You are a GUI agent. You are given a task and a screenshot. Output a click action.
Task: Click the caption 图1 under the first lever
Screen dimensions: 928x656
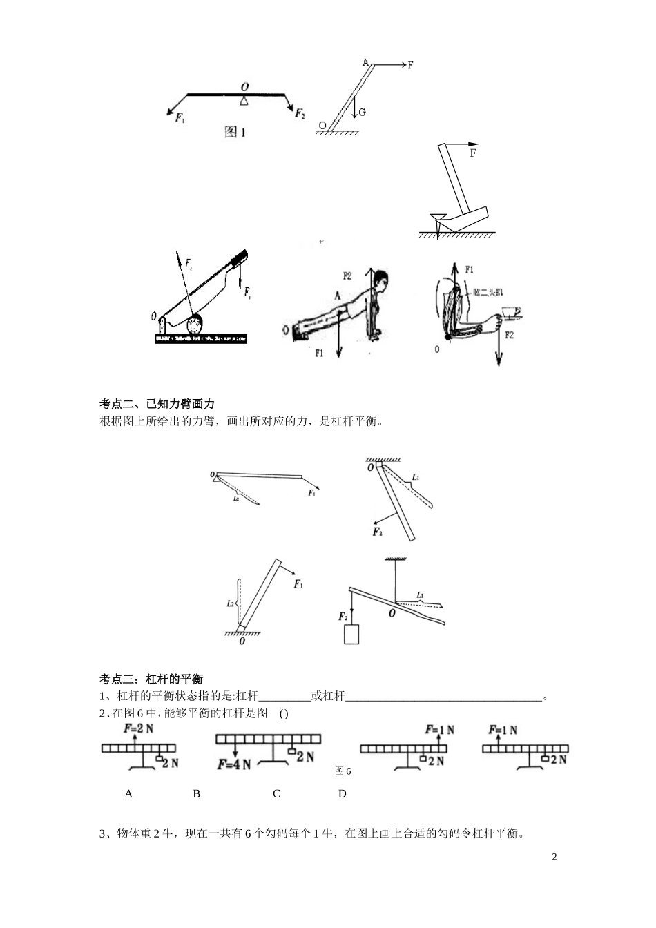(235, 132)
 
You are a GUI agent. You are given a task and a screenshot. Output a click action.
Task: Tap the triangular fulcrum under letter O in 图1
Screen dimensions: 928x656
(243, 101)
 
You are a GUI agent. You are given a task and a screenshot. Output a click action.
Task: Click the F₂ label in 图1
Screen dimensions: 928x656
(300, 113)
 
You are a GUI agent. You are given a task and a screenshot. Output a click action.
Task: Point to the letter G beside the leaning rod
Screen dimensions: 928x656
(362, 111)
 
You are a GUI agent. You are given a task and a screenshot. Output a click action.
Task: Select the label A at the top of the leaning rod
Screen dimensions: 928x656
(365, 62)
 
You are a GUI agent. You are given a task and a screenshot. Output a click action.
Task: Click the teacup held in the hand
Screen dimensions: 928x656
(511, 313)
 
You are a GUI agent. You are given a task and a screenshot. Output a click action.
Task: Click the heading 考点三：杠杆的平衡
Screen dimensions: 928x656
(151, 679)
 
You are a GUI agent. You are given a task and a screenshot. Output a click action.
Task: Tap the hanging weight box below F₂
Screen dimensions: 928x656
(351, 634)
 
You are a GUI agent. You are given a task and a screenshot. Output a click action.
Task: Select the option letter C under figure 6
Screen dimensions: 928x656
(276, 794)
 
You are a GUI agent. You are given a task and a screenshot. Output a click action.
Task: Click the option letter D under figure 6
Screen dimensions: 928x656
(342, 794)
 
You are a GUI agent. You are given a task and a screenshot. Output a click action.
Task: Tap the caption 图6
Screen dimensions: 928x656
(343, 771)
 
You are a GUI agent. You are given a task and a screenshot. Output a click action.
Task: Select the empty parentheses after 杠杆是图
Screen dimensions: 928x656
(284, 714)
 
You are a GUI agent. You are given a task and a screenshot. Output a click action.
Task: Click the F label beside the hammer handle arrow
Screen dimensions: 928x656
(473, 153)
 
